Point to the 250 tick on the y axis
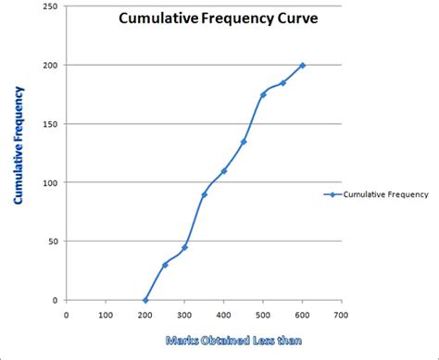pyautogui.click(x=47, y=6)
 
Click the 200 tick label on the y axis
pyautogui.click(x=47, y=65)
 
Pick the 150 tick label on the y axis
pyautogui.click(x=47, y=124)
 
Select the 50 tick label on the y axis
pyautogui.click(x=50, y=242)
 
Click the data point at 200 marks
pyautogui.click(x=145, y=300)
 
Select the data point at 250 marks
pyautogui.click(x=165, y=265)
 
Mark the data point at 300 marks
pyautogui.click(x=184, y=247)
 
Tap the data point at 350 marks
pyautogui.click(x=204, y=194)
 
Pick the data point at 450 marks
pyautogui.click(x=244, y=142)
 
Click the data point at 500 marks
pyautogui.click(x=263, y=94)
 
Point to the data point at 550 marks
pyautogui.click(x=282, y=82)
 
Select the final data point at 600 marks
pyautogui.click(x=303, y=65)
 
